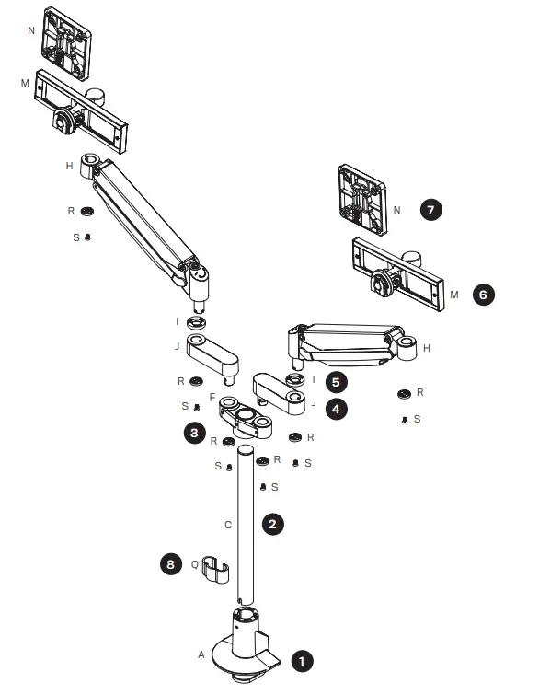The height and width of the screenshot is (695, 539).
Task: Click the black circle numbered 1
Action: point(302,660)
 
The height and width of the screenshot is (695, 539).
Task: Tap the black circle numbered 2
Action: point(272,523)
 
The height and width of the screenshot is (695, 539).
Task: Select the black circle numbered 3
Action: point(194,431)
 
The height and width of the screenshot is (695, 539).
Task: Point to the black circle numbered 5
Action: point(338,380)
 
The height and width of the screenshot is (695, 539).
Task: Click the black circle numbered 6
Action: point(484,295)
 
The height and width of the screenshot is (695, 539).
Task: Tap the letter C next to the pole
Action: point(227,524)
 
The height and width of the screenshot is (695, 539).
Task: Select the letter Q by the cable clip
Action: point(194,564)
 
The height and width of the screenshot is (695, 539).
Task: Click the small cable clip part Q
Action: point(215,568)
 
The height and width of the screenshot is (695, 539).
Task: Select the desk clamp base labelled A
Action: point(243,649)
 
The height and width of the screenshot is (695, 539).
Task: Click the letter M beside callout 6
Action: point(453,295)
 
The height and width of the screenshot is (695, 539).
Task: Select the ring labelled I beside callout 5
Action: point(295,379)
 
